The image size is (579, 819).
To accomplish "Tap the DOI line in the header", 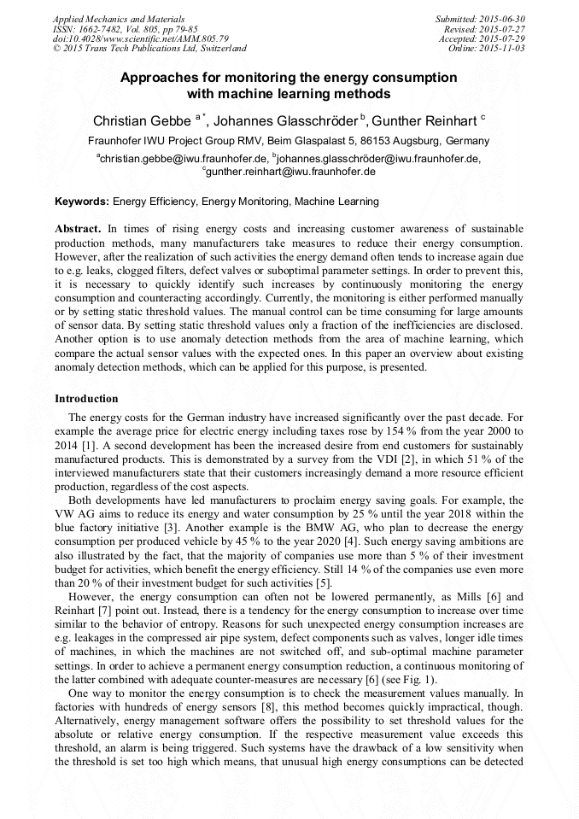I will click(x=141, y=38).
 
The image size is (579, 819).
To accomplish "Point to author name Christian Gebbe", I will click(x=143, y=120).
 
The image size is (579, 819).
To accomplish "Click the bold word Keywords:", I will click(x=82, y=202).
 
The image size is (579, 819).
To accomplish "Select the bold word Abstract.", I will click(x=78, y=230).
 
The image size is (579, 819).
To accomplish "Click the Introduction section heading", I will click(x=86, y=399).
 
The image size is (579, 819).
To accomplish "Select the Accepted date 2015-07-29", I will click(x=502, y=38).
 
